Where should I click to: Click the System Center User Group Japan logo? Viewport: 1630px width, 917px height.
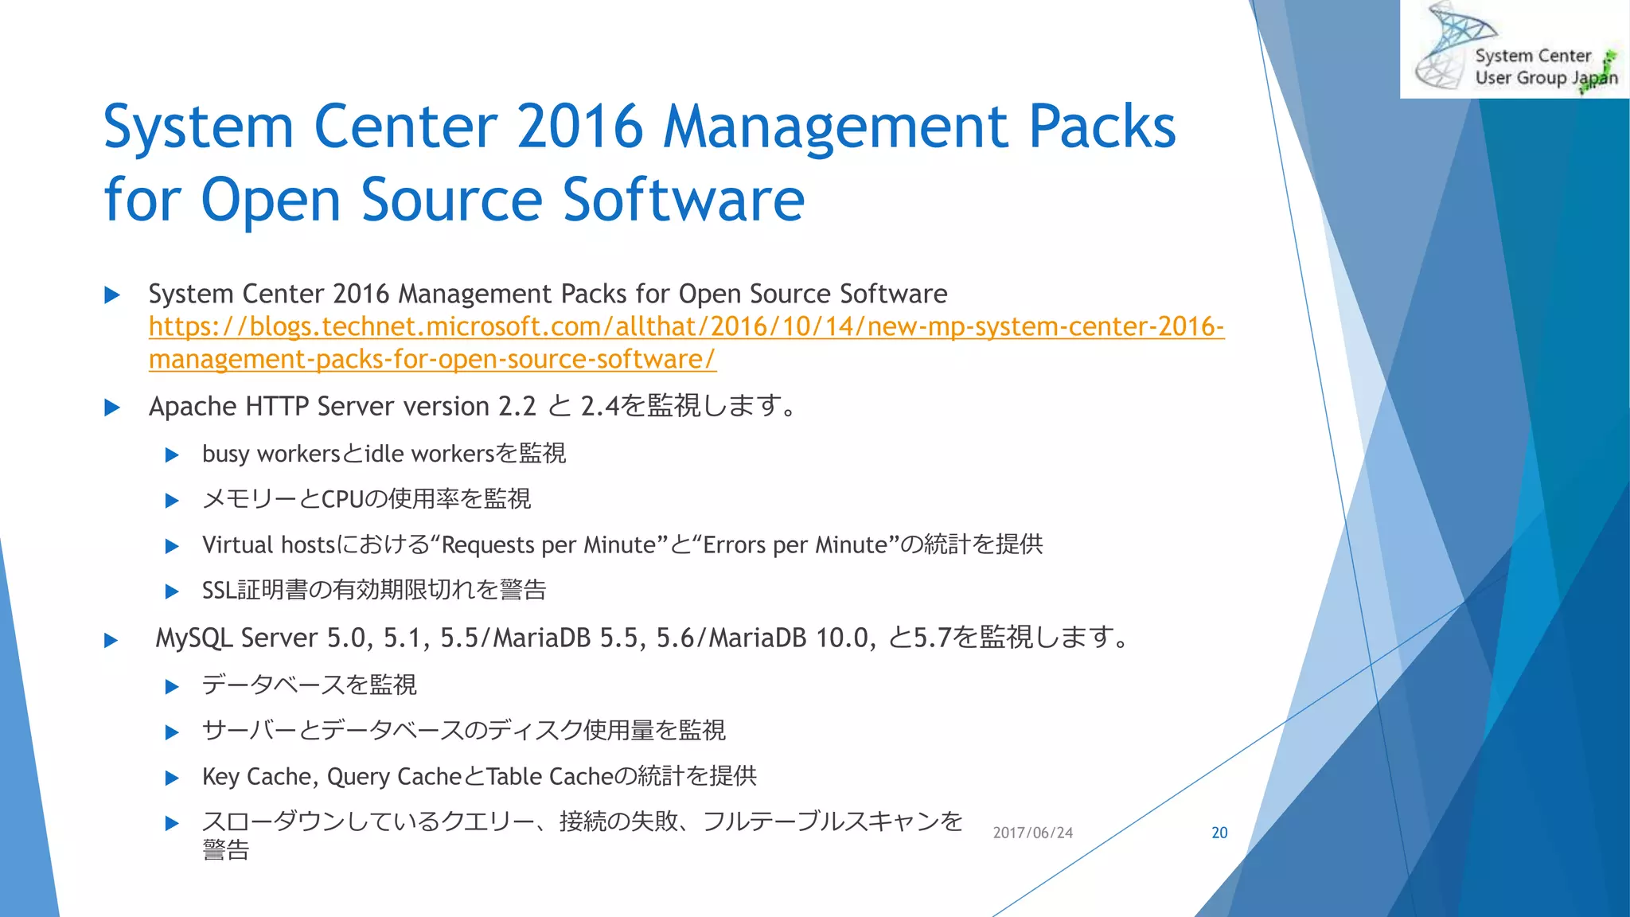[x=1515, y=50]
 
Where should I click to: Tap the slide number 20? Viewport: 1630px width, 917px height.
[x=1219, y=833]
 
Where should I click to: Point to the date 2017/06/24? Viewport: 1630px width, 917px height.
[x=1032, y=833]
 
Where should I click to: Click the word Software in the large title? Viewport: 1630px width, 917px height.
[x=684, y=199]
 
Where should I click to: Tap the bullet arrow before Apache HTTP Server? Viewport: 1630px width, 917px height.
[x=112, y=408]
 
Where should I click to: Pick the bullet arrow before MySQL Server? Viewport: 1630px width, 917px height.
[x=111, y=640]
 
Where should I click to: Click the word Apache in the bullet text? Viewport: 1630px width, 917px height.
[x=193, y=407]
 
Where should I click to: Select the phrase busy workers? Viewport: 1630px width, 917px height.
[x=271, y=454]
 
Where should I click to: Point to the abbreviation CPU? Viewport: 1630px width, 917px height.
[x=341, y=499]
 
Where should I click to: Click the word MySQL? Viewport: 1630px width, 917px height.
[x=193, y=638]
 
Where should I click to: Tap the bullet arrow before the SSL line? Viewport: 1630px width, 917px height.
[x=172, y=591]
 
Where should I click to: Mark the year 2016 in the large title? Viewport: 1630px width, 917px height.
[x=579, y=127]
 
